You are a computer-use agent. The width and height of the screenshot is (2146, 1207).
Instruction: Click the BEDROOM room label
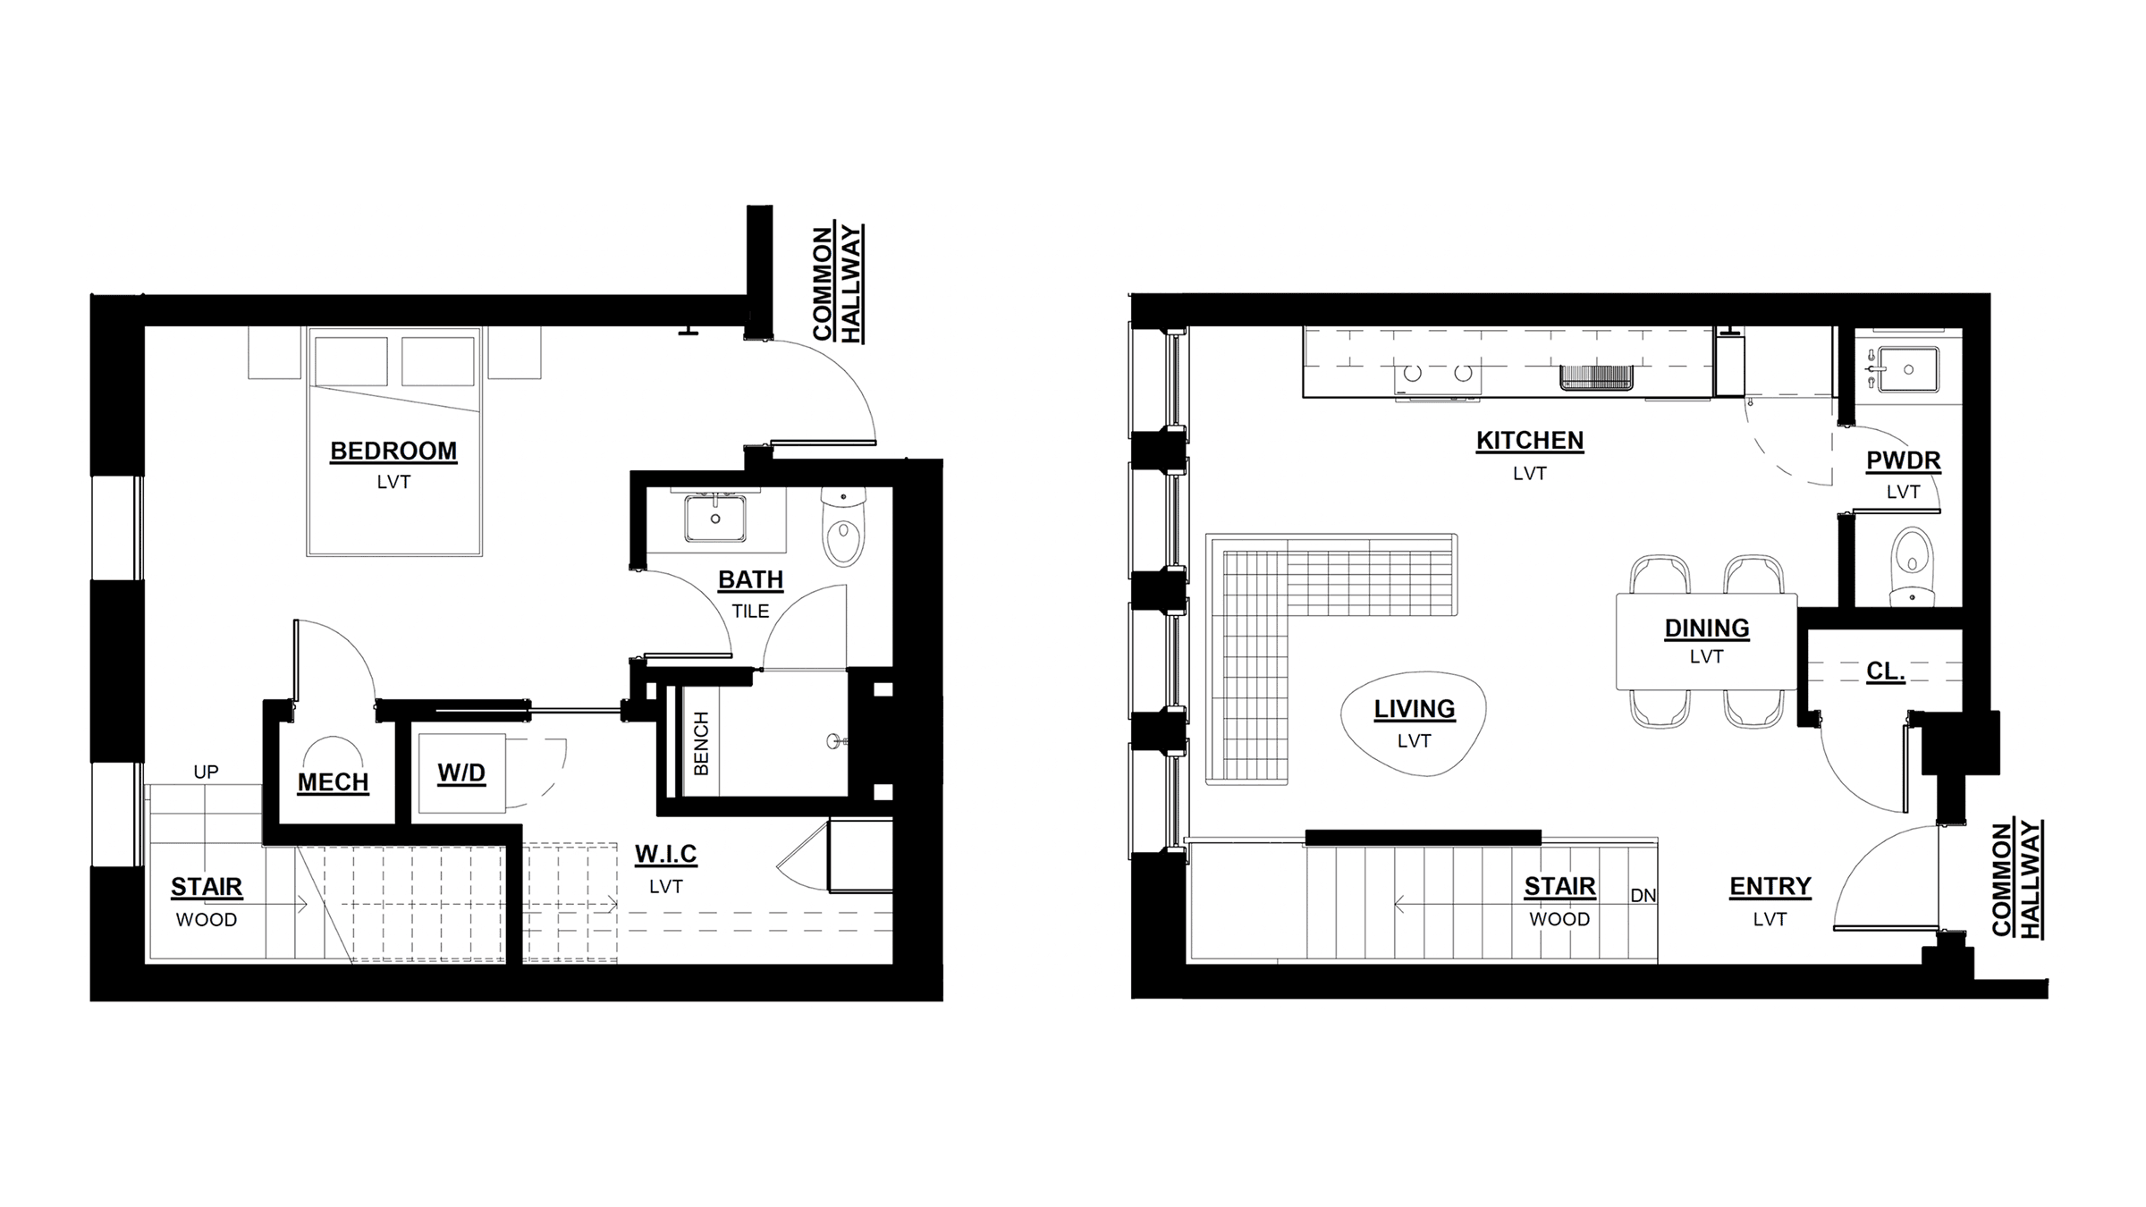pyautogui.click(x=393, y=451)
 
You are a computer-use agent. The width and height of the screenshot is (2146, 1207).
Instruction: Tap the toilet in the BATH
pyautogui.click(x=842, y=528)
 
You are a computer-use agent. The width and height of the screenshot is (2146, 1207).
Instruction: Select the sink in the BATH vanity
pyautogui.click(x=715, y=519)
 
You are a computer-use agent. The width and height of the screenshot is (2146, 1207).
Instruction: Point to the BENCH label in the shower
pyautogui.click(x=701, y=744)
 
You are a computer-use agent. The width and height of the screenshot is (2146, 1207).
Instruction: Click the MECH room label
pyautogui.click(x=333, y=782)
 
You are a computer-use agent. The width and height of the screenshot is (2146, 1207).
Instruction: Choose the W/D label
pyautogui.click(x=461, y=773)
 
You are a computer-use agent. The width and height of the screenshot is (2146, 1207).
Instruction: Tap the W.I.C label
pyautogui.click(x=666, y=855)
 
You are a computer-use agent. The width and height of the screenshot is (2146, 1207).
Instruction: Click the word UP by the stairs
pyautogui.click(x=206, y=772)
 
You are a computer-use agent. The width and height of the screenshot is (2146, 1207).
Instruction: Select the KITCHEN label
pyautogui.click(x=1530, y=441)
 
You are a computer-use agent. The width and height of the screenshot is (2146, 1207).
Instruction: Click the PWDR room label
pyautogui.click(x=1903, y=461)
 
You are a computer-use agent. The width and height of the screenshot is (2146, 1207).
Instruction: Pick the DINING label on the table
pyautogui.click(x=1706, y=629)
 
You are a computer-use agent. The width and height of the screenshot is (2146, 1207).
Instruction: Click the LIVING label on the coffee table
pyautogui.click(x=1415, y=709)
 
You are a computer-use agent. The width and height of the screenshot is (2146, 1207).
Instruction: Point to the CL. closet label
pyautogui.click(x=1886, y=671)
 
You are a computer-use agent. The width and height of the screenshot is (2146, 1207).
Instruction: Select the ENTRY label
pyautogui.click(x=1770, y=886)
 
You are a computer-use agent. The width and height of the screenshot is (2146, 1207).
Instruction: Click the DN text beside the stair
pyautogui.click(x=1643, y=895)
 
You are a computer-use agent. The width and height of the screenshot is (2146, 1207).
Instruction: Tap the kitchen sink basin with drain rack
pyautogui.click(x=1597, y=378)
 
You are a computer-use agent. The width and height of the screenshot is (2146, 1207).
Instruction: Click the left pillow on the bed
pyautogui.click(x=351, y=361)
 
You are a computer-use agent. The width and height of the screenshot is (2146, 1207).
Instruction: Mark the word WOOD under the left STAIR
pyautogui.click(x=207, y=920)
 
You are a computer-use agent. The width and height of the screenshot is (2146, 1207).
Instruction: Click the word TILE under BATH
pyautogui.click(x=750, y=612)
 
